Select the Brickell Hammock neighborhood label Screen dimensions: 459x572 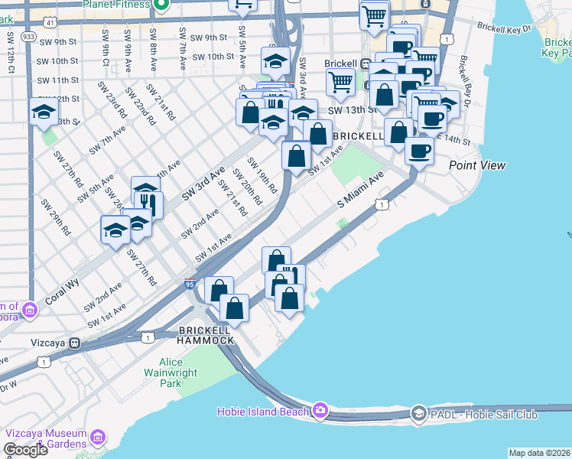click(206, 334)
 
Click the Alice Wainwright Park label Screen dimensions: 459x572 click(181, 372)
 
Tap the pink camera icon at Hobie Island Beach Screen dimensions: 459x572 click(320, 411)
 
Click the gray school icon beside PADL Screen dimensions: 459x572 click(418, 414)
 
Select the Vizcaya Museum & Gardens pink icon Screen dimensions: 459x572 click(97, 438)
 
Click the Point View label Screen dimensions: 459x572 click(477, 165)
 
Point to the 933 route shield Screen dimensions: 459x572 click(29, 36)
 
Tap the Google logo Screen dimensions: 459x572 click(25, 450)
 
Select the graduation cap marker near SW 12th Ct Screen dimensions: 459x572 click(44, 113)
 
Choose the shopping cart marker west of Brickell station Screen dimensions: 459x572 click(340, 81)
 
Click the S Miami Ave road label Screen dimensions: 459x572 click(360, 191)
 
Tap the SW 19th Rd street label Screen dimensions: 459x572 click(262, 175)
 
